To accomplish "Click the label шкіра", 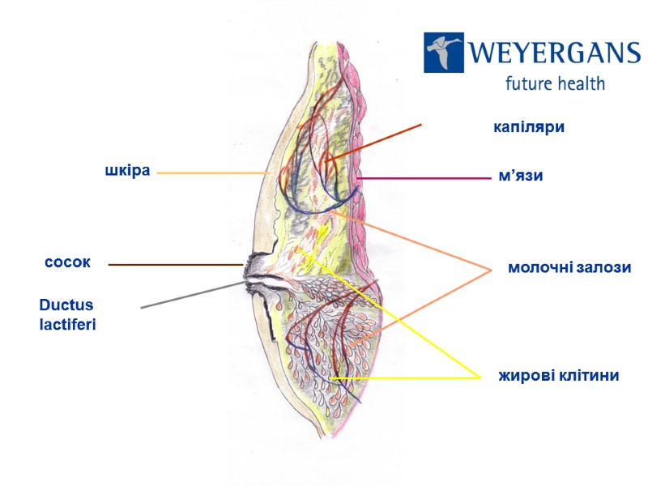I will click(128, 172).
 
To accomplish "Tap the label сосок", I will click(67, 263).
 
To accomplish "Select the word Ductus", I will click(66, 305).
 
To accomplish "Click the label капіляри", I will click(529, 127).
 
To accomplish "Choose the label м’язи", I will click(518, 176).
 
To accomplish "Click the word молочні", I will click(539, 267).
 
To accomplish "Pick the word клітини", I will click(589, 376).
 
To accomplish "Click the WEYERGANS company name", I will click(554, 53).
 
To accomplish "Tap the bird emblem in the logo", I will click(444, 53).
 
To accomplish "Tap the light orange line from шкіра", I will click(211, 173).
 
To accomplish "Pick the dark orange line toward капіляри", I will click(373, 143).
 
